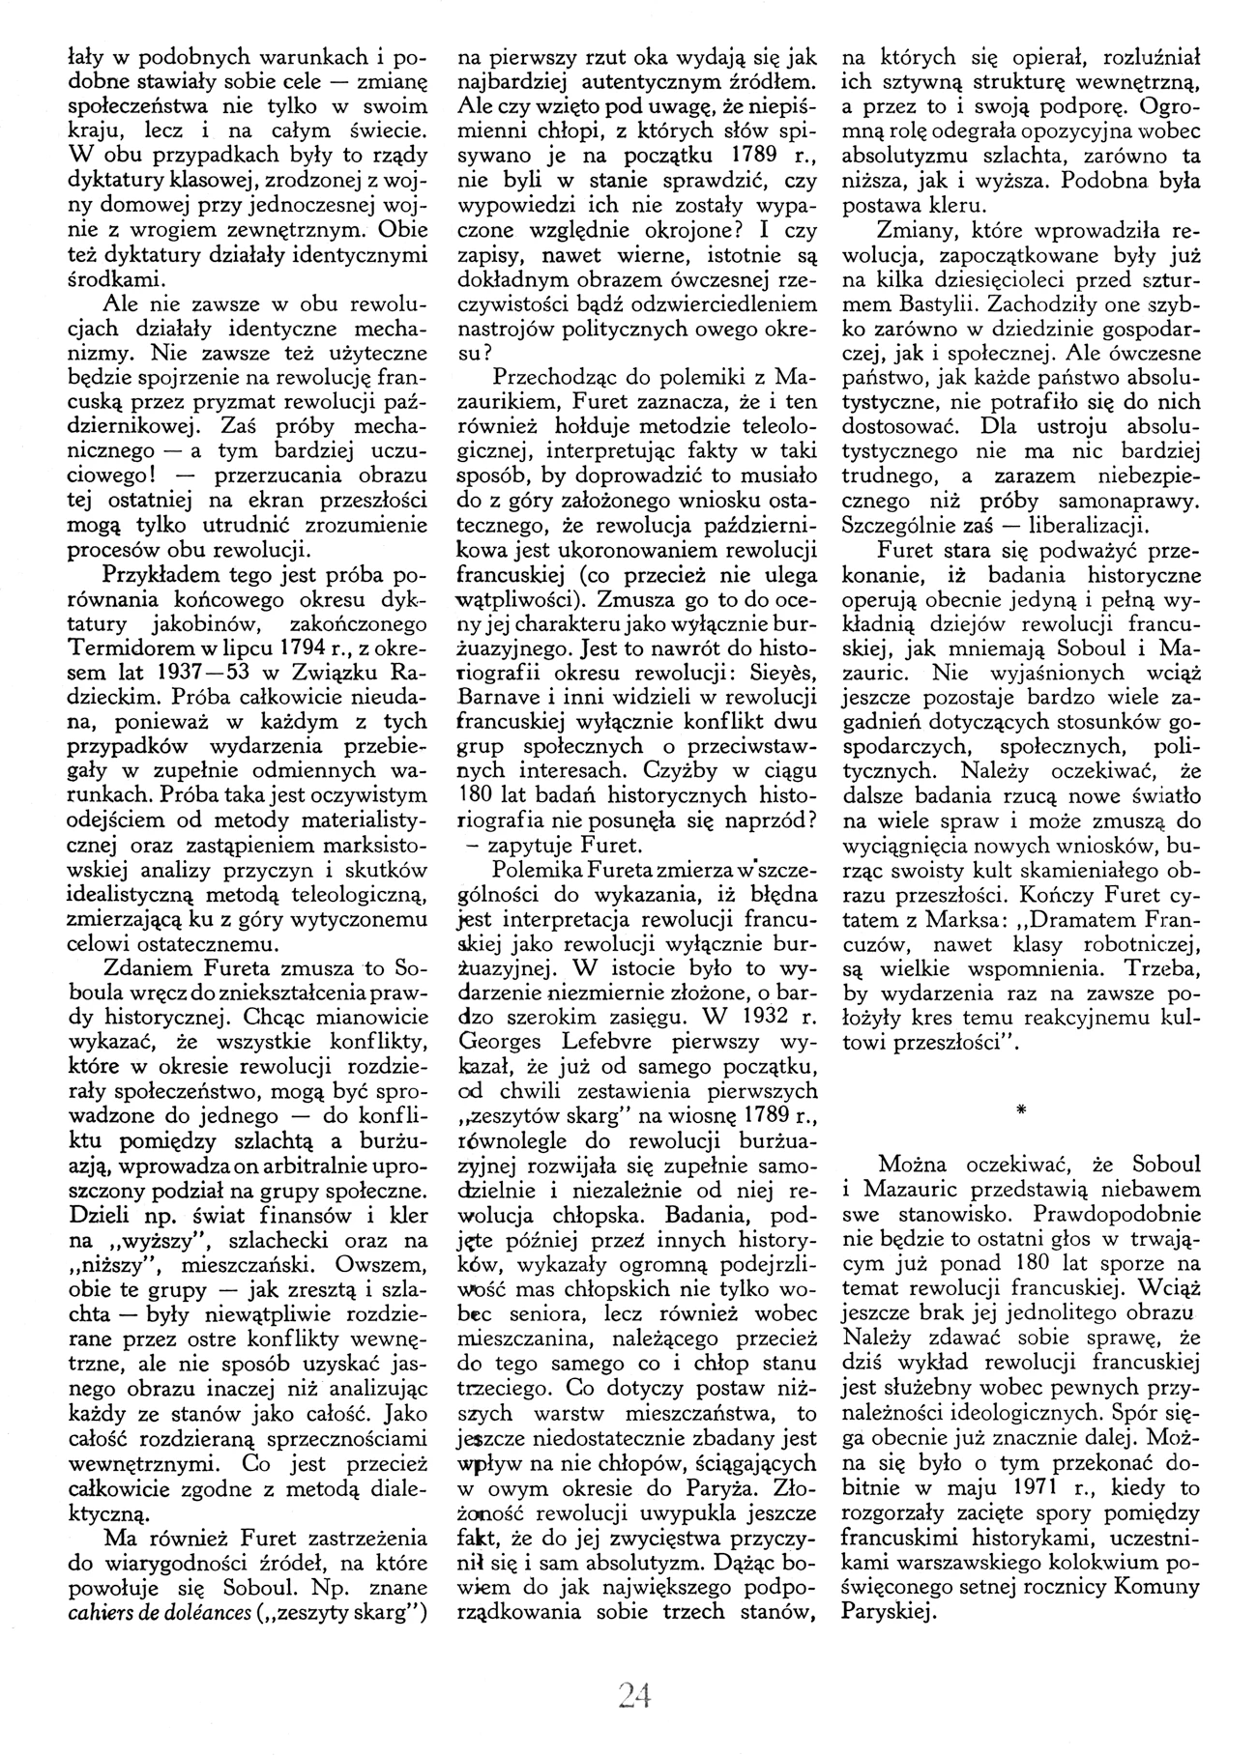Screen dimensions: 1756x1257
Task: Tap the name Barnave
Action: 499,694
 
